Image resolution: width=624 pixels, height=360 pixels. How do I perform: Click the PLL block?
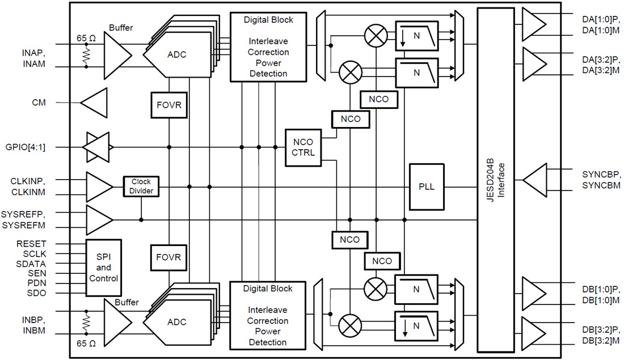427,187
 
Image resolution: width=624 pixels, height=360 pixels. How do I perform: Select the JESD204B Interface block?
496,181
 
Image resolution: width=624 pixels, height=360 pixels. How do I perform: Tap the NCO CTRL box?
303,147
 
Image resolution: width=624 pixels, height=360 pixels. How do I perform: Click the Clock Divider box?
141,187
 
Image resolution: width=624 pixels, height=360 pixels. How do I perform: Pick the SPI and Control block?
104,268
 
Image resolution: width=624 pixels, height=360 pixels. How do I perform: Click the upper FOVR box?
169,105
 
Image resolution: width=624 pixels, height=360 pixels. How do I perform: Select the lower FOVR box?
169,257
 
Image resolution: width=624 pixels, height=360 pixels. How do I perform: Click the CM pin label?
39,103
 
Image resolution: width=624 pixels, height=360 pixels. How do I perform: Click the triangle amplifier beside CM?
94,103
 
